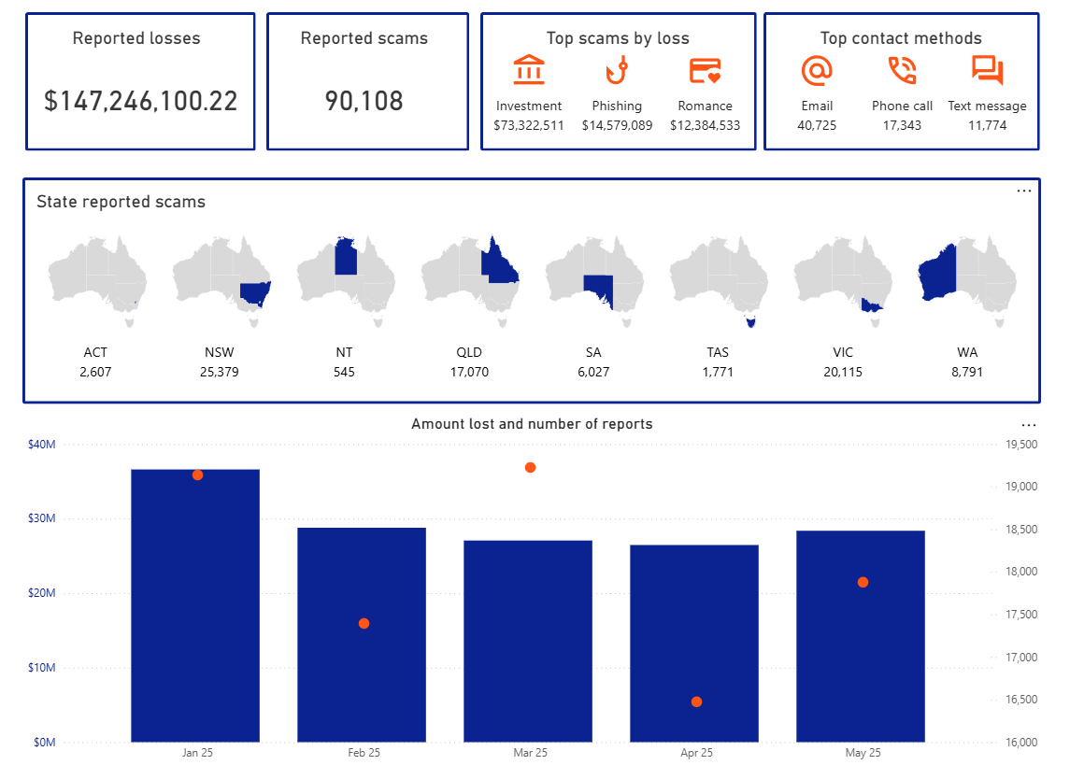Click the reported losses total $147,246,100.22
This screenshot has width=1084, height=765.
[x=140, y=101]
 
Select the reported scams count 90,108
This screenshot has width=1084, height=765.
[x=364, y=101]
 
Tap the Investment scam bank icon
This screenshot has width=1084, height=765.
[x=529, y=71]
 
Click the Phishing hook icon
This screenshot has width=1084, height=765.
[x=616, y=71]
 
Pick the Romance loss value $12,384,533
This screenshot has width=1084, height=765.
[x=705, y=125]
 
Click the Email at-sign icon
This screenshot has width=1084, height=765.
[x=816, y=71]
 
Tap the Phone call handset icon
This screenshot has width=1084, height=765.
[x=902, y=71]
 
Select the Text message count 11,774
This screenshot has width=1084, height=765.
[x=987, y=125]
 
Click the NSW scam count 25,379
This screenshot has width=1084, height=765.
[x=220, y=372]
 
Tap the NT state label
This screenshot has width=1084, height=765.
[x=344, y=352]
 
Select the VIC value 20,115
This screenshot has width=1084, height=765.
[x=842, y=372]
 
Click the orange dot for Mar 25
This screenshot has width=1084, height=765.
[x=530, y=467]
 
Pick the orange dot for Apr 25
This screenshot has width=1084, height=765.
[x=696, y=701]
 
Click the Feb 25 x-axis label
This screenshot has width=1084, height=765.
[x=364, y=753]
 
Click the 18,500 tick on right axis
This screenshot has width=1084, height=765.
[x=1020, y=530]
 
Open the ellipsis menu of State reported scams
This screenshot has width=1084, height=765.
[x=1024, y=191]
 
